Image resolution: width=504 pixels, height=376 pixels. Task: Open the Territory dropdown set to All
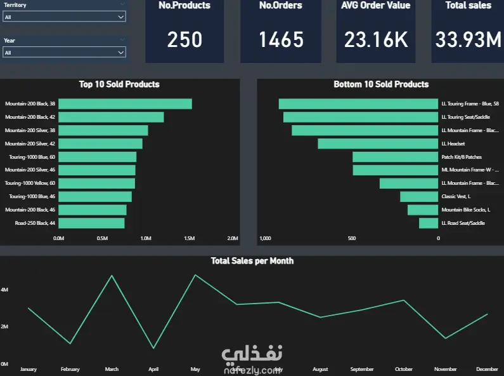tap(64, 17)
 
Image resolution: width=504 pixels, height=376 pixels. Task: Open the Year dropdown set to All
tap(64, 52)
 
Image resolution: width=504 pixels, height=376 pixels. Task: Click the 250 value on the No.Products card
tap(184, 40)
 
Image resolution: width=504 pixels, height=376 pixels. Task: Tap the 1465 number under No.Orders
tap(281, 40)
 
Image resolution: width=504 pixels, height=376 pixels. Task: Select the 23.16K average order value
tap(376, 40)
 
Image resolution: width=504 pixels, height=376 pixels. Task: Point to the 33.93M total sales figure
tap(468, 40)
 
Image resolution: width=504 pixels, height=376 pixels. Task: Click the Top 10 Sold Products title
tap(119, 84)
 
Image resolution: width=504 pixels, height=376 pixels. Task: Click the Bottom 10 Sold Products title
tap(381, 84)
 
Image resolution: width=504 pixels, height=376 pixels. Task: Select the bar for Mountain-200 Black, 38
tap(125, 104)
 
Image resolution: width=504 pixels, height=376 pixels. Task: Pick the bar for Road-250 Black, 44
tap(91, 223)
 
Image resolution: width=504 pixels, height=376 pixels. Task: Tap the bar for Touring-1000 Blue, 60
tap(97, 157)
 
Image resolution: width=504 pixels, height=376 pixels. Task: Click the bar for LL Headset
tap(378, 144)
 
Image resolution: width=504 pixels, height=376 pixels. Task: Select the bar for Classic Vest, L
tap(419, 197)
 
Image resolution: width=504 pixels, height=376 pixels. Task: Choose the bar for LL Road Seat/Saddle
tap(429, 223)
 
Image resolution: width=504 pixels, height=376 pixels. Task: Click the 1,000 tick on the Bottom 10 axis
tap(266, 239)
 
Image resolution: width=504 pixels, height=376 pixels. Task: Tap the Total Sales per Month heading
tap(252, 260)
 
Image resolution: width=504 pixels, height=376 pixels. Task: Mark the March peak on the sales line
tap(112, 276)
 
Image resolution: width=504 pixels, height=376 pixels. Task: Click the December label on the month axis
tap(488, 369)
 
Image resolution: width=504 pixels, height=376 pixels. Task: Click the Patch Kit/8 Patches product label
tap(462, 157)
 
